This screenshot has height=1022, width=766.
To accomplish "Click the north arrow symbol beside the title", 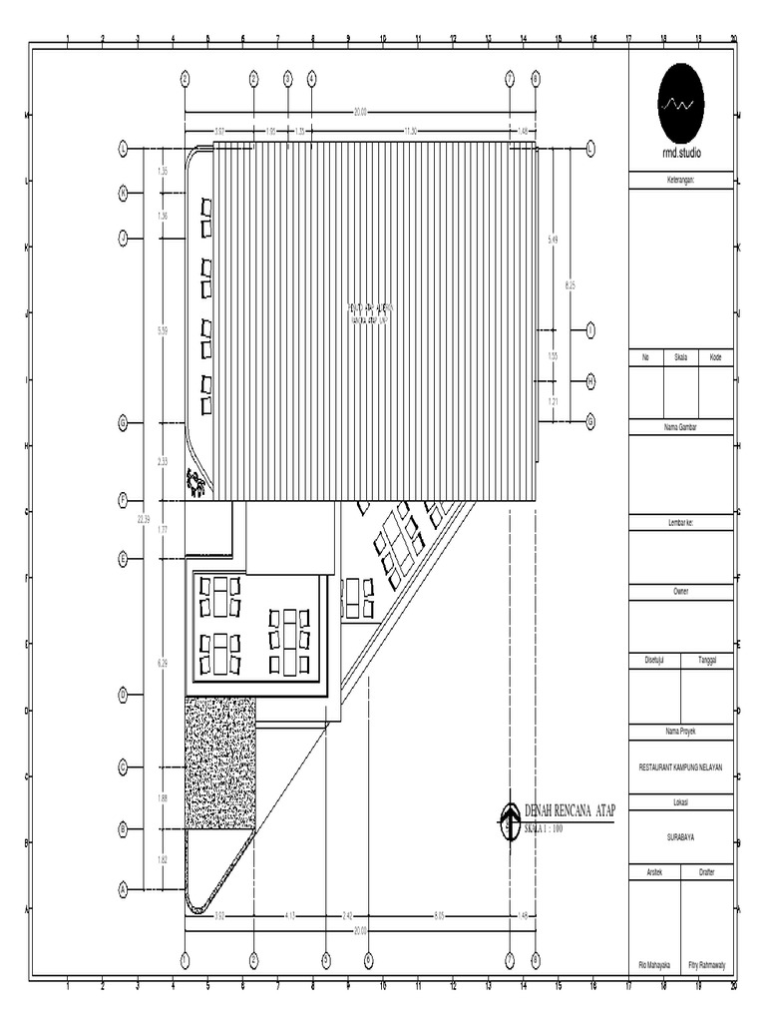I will [510, 821].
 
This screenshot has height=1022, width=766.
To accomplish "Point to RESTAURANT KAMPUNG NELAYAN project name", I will [681, 766].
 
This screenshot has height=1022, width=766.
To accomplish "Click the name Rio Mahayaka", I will [655, 965].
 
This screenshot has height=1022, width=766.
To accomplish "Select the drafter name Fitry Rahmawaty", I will [708, 965].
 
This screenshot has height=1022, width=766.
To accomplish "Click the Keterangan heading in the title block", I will [681, 181].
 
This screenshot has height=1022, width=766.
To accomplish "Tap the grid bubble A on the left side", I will [124, 888].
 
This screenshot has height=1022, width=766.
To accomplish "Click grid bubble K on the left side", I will [124, 192].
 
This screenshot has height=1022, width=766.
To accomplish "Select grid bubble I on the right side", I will [590, 329].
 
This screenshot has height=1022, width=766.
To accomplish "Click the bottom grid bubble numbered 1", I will [185, 959].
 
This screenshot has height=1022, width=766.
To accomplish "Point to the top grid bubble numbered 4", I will [312, 78].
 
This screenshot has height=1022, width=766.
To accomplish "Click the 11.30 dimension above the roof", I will [410, 131].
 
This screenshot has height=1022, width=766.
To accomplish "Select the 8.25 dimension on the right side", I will [571, 285].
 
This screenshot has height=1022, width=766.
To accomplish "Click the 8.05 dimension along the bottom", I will [439, 914].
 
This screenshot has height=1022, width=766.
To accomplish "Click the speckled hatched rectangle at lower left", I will [219, 763].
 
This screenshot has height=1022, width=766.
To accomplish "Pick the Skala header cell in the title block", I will [680, 356].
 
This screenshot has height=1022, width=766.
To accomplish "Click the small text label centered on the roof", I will [371, 313].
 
